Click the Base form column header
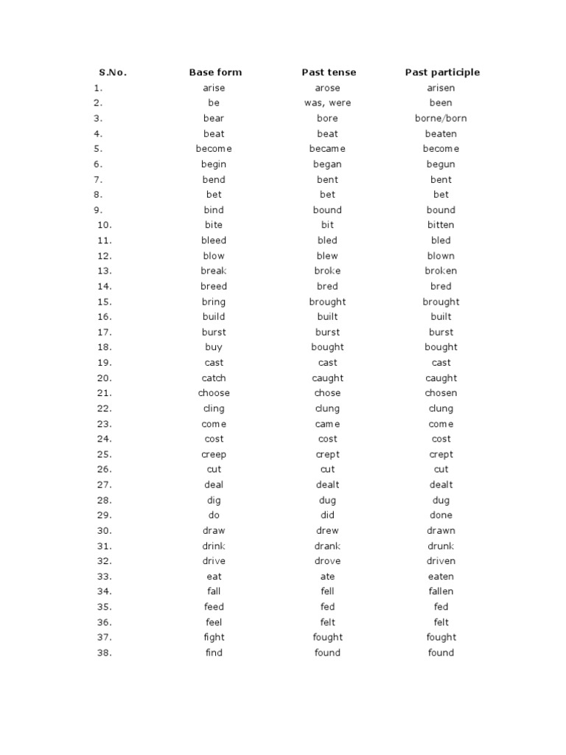coord(215,72)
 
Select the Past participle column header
coord(442,72)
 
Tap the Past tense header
coord(329,72)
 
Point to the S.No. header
coord(113,72)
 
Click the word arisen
coord(441,88)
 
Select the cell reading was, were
coord(328,103)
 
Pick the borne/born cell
coord(441,118)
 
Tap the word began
coord(328,164)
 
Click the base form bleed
coord(214,240)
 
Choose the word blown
coord(441,256)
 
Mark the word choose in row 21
coord(214,393)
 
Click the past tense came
coord(328,424)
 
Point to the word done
coord(441,515)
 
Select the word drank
coord(328,546)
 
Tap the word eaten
coord(441,577)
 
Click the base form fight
coord(214,637)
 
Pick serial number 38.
coord(104,653)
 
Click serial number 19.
coord(104,363)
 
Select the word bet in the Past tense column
coord(328,195)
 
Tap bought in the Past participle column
coord(441,347)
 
